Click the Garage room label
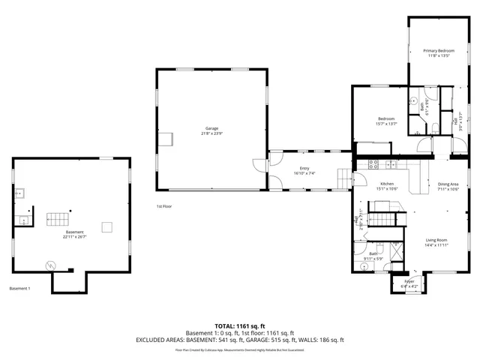211,128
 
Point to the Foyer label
409,281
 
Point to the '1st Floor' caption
164,206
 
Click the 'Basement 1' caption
19,289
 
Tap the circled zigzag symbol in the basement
50,264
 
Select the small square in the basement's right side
107,226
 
